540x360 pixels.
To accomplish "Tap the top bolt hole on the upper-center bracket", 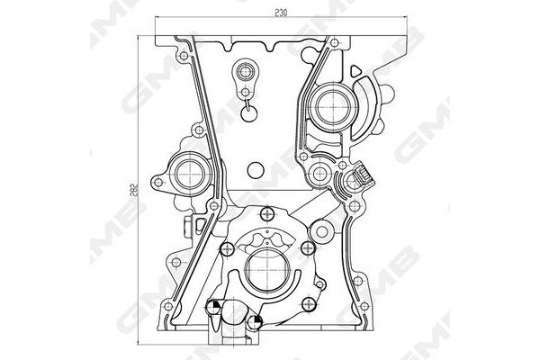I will tap(242, 69).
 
